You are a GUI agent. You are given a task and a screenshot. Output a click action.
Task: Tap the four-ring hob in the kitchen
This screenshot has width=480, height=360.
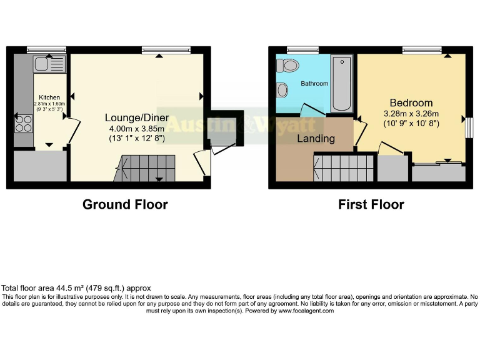24,123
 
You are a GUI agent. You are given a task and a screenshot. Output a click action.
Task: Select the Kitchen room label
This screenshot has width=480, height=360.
49,97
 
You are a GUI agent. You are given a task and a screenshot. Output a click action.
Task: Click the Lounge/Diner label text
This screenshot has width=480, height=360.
137,117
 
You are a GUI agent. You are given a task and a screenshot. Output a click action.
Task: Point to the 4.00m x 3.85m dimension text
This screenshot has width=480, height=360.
137,128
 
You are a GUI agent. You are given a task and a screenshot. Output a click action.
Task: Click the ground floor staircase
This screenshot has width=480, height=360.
146,167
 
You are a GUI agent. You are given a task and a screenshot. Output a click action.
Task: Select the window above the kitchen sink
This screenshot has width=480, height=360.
46,49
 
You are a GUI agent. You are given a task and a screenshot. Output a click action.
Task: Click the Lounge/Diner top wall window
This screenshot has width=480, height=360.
166,49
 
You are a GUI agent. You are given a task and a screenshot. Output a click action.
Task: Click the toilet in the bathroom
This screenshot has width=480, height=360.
289,65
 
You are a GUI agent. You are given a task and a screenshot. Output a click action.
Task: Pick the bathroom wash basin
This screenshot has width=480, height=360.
282,91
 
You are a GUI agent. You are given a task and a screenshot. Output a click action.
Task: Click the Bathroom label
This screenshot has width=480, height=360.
314,83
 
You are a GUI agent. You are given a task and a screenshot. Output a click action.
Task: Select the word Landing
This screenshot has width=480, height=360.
316,138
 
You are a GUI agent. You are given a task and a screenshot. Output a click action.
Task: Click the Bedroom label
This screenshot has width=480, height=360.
411,102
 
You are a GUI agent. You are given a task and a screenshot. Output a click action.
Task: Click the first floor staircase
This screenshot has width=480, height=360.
344,167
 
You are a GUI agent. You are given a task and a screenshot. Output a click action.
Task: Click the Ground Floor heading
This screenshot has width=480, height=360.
125,204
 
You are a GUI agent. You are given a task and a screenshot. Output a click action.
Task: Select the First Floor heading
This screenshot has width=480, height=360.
371,204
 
